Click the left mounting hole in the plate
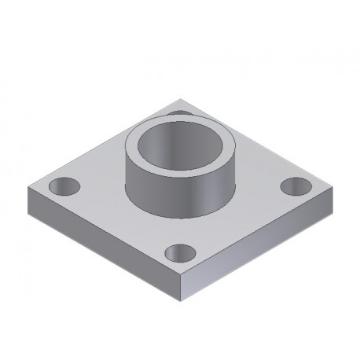point(64,187)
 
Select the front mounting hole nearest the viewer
point(181,253)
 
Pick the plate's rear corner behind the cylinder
point(182,99)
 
